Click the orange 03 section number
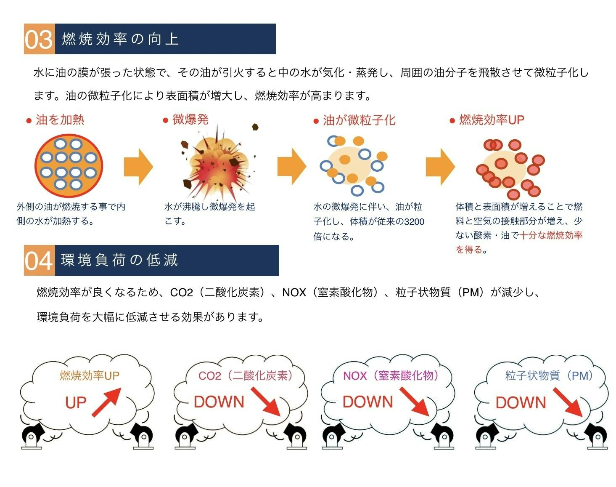point(39,40)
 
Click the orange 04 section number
point(39,261)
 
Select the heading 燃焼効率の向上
point(121,39)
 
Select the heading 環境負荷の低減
point(120,261)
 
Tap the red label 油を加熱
point(60,120)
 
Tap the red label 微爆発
point(190,120)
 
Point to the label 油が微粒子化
point(359,120)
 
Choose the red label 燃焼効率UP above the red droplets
point(491,120)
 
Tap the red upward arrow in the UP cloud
point(106,402)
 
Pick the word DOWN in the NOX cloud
point(367,402)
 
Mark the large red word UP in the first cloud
point(76,403)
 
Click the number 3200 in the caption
point(414,222)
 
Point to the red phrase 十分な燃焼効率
point(551,235)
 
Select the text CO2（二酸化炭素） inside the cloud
point(245,375)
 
